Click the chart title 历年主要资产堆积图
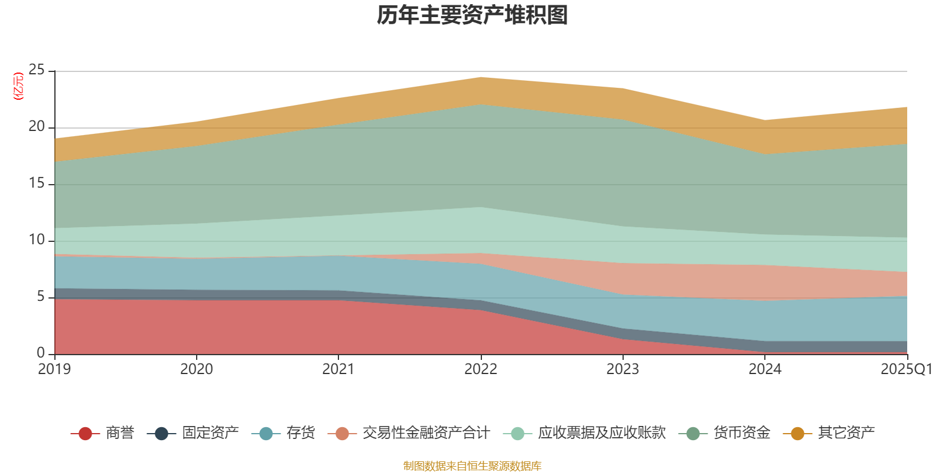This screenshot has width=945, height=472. pyautogui.click(x=472, y=16)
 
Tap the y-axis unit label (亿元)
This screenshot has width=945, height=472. pyautogui.click(x=18, y=86)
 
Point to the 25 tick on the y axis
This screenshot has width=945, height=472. pyautogui.click(x=37, y=70)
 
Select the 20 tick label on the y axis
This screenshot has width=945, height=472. pyautogui.click(x=37, y=127)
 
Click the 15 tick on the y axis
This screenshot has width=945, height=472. pyautogui.click(x=37, y=183)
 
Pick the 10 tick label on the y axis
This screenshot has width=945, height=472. pyautogui.click(x=37, y=240)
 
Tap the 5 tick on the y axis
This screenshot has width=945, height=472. pyautogui.click(x=41, y=296)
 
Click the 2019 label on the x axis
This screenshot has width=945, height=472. pyautogui.click(x=54, y=369)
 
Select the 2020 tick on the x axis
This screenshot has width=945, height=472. pyautogui.click(x=197, y=369)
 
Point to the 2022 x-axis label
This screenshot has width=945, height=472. pyautogui.click(x=481, y=369)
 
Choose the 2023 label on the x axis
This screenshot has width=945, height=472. pyautogui.click(x=623, y=369)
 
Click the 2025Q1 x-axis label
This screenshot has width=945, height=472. pyautogui.click(x=906, y=369)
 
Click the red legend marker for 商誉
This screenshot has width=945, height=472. pyautogui.click(x=85, y=434)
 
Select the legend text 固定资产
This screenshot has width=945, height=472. pyautogui.click(x=210, y=433)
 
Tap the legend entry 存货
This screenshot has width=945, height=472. pyautogui.click(x=301, y=433)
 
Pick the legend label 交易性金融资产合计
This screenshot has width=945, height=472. pyautogui.click(x=426, y=433)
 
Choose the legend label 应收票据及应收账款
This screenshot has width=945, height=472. pyautogui.click(x=601, y=433)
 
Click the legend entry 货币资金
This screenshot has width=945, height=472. pyautogui.click(x=741, y=433)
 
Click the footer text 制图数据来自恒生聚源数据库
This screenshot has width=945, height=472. pyautogui.click(x=472, y=466)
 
